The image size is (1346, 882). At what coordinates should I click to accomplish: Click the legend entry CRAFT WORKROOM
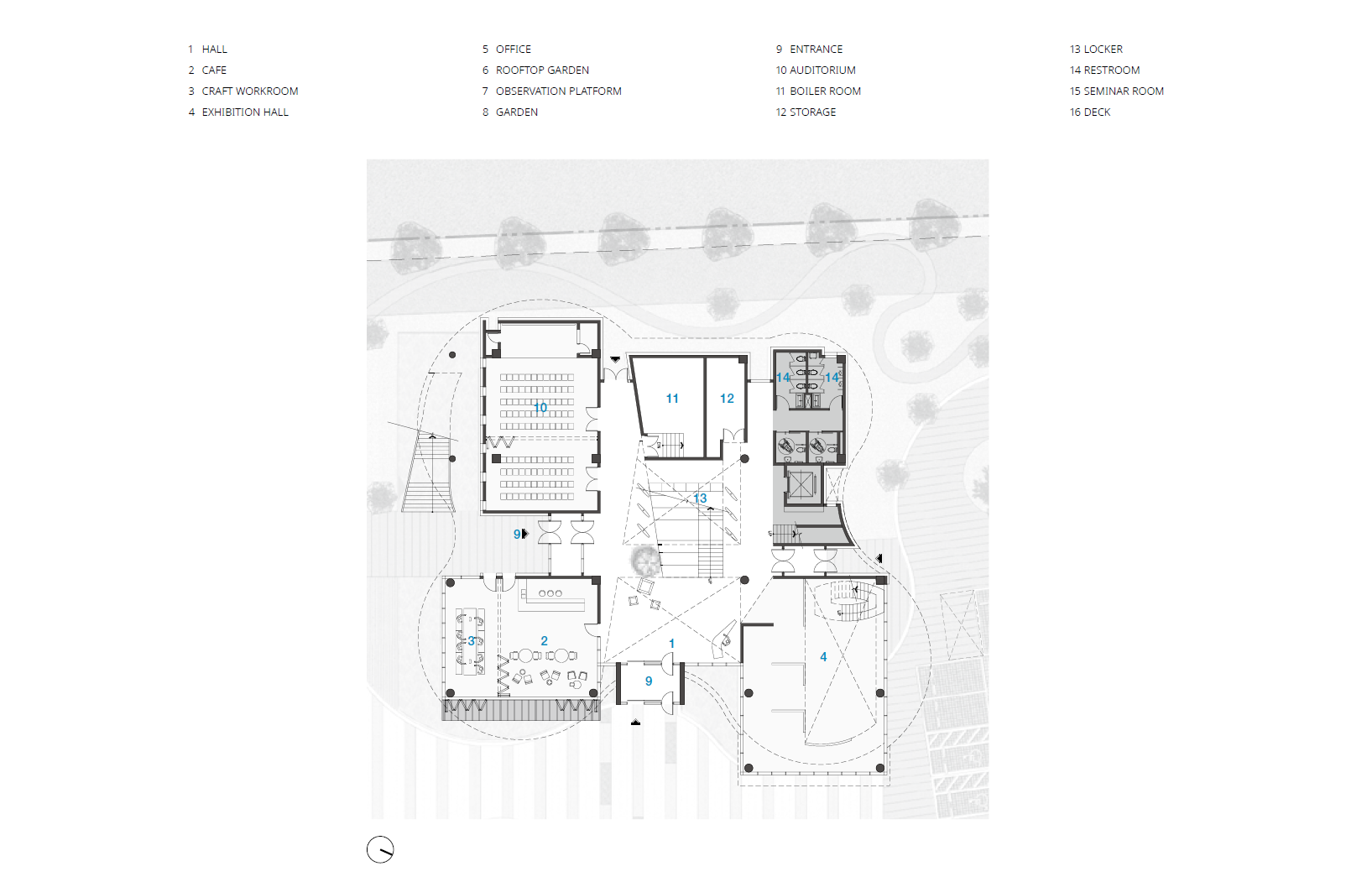click(x=249, y=91)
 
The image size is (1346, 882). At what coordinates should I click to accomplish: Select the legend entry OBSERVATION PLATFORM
click(x=558, y=91)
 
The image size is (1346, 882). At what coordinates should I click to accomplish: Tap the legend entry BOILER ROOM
click(x=825, y=91)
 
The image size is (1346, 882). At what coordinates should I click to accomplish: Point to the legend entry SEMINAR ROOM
click(x=1124, y=91)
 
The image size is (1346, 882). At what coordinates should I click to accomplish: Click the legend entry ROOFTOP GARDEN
click(x=542, y=70)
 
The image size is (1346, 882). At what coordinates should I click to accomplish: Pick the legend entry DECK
click(x=1097, y=112)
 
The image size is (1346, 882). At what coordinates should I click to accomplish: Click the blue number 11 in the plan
click(x=672, y=399)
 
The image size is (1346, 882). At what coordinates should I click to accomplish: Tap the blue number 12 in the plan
click(x=727, y=399)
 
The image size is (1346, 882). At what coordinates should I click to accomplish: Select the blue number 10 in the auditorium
click(x=540, y=407)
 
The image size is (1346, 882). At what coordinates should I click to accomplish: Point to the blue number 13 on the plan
click(x=700, y=498)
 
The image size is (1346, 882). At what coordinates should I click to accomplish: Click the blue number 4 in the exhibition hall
click(x=823, y=657)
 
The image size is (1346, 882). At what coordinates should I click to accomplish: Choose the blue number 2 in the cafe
click(x=544, y=641)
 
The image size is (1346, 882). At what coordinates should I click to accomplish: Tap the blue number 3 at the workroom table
click(x=471, y=641)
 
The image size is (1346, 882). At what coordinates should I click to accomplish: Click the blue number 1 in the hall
click(x=672, y=644)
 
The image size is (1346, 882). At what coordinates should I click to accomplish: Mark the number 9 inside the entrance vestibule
click(x=649, y=681)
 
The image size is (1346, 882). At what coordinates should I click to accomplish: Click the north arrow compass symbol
click(x=380, y=849)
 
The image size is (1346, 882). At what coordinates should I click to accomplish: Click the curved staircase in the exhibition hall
click(x=848, y=601)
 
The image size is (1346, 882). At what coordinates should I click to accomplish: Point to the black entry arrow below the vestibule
click(x=635, y=723)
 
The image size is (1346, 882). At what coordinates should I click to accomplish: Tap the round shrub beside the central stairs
click(x=645, y=561)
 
